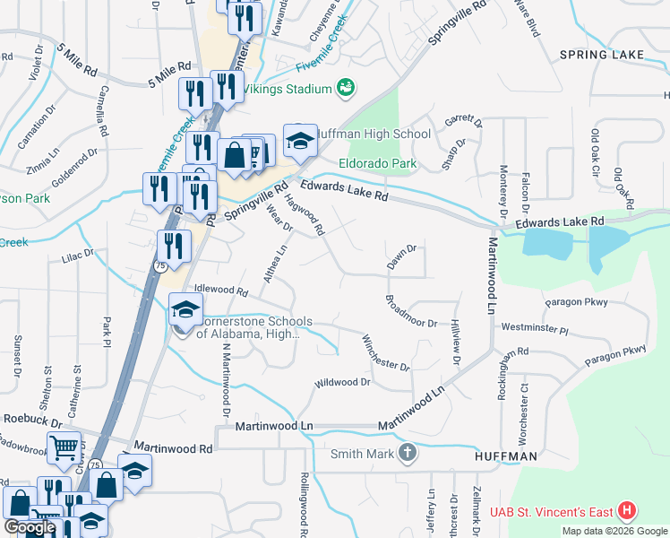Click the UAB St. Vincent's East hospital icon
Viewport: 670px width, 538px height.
(627, 512)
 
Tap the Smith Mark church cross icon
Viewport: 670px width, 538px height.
(408, 453)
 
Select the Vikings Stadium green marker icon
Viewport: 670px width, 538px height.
(345, 87)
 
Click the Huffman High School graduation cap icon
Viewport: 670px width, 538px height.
(300, 139)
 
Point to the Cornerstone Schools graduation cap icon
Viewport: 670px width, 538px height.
(185, 309)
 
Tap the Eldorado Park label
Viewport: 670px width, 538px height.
(378, 164)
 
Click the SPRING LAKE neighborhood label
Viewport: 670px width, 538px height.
(601, 56)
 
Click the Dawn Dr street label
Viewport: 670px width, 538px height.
(402, 257)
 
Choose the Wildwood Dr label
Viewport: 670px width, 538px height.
(341, 383)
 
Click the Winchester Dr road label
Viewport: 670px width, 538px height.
(385, 352)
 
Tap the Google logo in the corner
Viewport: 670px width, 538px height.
(30, 527)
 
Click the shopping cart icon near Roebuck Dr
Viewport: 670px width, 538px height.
(63, 447)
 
